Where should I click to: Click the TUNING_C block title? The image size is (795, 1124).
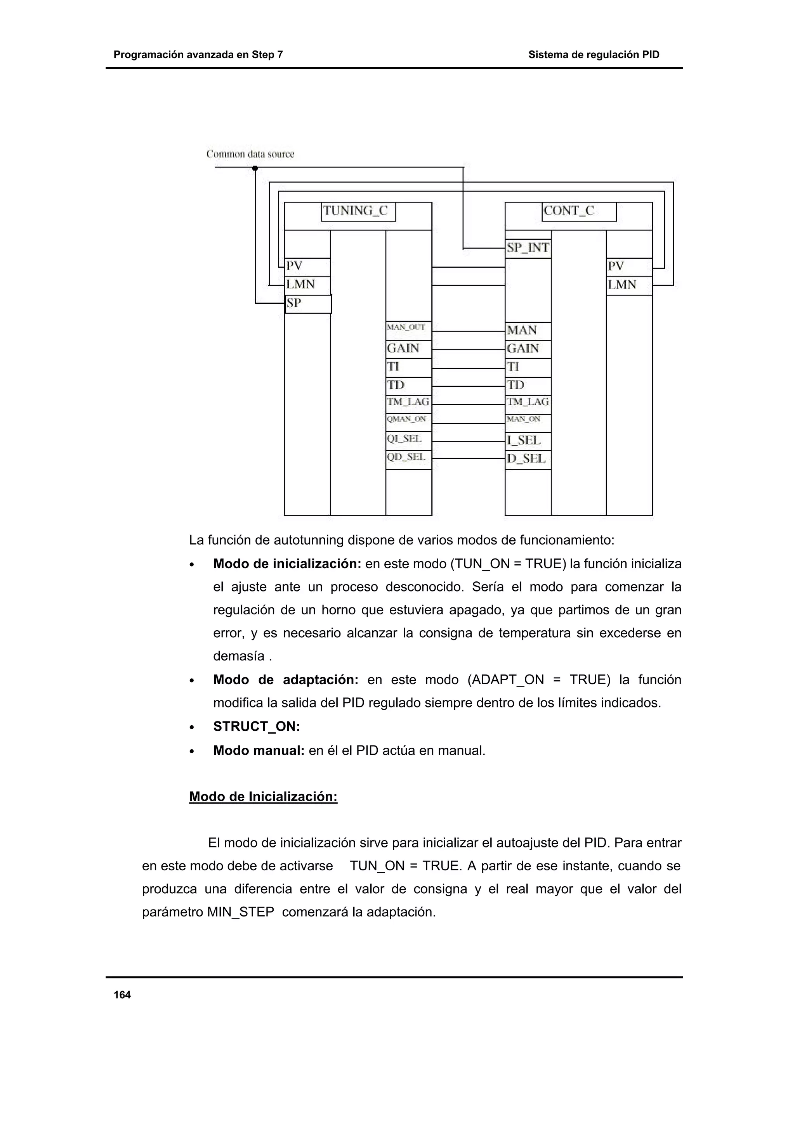click(358, 211)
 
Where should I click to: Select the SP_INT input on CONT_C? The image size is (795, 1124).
click(528, 248)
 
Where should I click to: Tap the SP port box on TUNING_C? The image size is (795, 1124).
click(308, 304)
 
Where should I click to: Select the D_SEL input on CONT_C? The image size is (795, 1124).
click(528, 459)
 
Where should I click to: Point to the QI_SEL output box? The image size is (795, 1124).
click(408, 439)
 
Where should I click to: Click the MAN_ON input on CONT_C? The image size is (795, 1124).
click(528, 420)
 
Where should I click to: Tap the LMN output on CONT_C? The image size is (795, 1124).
click(629, 285)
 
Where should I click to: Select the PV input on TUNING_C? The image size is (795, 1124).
click(307, 266)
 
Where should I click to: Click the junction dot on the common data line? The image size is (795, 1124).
click(255, 168)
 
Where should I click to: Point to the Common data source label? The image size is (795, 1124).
click(250, 154)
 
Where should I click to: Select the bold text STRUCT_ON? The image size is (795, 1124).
click(256, 726)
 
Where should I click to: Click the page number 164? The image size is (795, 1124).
click(122, 995)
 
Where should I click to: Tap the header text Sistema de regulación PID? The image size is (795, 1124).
click(593, 55)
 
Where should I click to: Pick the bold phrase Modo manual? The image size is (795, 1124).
click(259, 750)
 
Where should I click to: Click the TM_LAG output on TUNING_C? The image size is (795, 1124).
click(408, 402)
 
